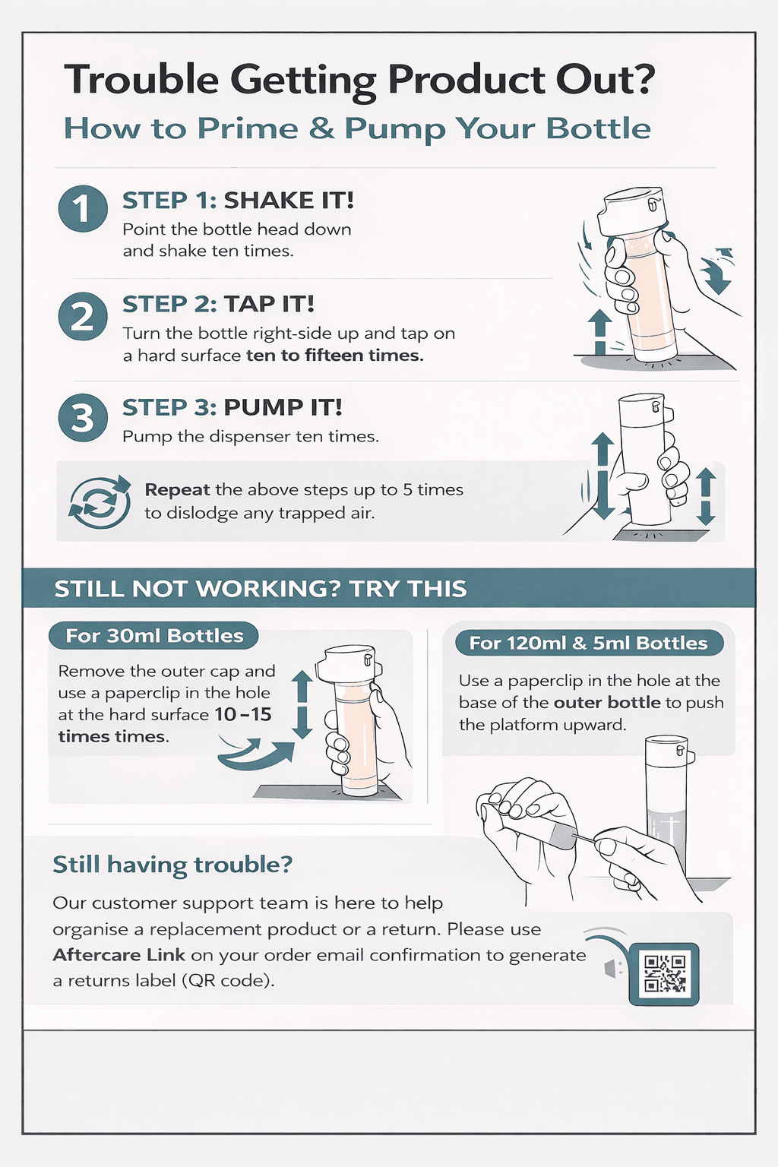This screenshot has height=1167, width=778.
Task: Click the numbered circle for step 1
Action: pyautogui.click(x=83, y=209)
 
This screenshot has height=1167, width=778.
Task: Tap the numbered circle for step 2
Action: pyautogui.click(x=83, y=316)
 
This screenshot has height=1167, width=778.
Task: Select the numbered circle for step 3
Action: pyautogui.click(x=83, y=418)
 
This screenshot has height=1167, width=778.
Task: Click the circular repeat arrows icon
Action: pyautogui.click(x=100, y=501)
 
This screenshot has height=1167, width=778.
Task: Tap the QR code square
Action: pyautogui.click(x=664, y=974)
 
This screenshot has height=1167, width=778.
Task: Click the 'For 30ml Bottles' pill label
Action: pyautogui.click(x=153, y=636)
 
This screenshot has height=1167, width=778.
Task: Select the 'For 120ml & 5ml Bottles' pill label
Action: pyautogui.click(x=589, y=643)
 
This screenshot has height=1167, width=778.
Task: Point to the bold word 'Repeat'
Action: pyautogui.click(x=177, y=490)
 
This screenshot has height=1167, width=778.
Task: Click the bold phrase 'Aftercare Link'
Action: pyautogui.click(x=119, y=955)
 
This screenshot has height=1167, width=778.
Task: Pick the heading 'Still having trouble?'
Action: pyautogui.click(x=172, y=865)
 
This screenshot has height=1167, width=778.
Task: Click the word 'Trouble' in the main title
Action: pyautogui.click(x=141, y=80)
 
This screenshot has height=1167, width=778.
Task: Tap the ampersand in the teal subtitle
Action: pyautogui.click(x=321, y=128)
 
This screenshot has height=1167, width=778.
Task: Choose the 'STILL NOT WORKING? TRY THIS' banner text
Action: pyautogui.click(x=260, y=589)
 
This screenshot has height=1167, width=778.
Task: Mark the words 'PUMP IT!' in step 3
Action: pyautogui.click(x=283, y=407)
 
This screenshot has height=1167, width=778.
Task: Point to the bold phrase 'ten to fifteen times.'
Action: pyautogui.click(x=334, y=356)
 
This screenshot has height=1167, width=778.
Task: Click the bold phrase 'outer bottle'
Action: pyautogui.click(x=607, y=702)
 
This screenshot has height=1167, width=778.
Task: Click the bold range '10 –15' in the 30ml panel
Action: pyautogui.click(x=243, y=714)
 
